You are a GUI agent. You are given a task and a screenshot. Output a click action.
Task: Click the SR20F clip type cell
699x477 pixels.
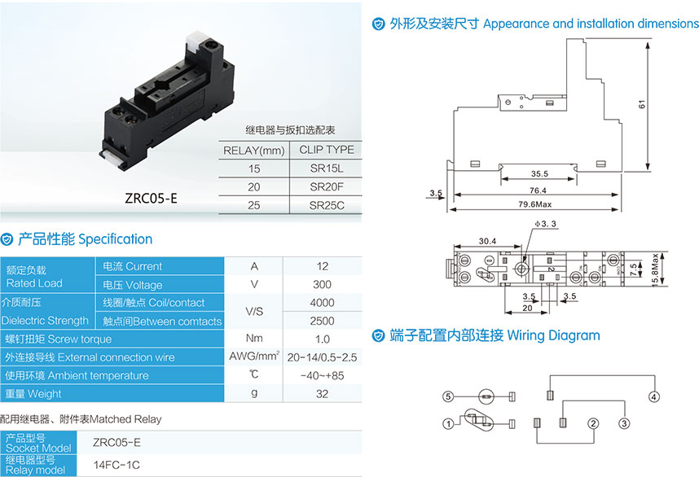(327, 187)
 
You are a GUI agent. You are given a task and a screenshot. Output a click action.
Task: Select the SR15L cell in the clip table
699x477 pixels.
(327, 168)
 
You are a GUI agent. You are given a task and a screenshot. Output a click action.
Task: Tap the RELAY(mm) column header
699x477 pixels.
(253, 151)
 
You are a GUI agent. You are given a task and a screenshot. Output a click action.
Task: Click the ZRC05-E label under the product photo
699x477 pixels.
(151, 198)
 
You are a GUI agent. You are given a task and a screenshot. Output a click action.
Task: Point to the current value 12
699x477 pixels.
(323, 266)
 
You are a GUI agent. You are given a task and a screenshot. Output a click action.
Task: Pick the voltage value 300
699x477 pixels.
(322, 285)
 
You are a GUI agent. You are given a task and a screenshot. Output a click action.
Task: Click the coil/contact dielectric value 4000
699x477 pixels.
(322, 303)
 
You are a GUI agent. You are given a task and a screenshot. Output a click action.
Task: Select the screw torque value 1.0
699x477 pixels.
(323, 339)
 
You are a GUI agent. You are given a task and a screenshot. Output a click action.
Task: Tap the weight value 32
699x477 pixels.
(322, 394)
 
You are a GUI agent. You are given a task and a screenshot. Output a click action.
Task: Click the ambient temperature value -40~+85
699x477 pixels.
(322, 375)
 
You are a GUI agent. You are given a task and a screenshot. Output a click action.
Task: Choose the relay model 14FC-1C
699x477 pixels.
(116, 465)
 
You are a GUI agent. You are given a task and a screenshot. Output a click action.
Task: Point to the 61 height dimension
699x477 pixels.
(641, 105)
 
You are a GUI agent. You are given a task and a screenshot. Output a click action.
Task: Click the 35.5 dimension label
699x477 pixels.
(539, 173)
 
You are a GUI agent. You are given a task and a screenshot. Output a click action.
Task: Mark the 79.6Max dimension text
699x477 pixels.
(535, 204)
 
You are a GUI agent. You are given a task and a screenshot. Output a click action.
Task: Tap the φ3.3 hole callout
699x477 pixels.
(545, 224)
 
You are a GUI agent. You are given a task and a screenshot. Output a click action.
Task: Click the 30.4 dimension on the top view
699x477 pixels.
(487, 241)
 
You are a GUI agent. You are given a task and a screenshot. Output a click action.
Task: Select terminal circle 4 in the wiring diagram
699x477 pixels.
(653, 397)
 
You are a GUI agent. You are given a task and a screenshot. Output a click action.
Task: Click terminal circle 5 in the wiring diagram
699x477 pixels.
(448, 396)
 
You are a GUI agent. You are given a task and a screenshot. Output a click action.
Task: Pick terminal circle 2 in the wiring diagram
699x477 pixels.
(592, 423)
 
